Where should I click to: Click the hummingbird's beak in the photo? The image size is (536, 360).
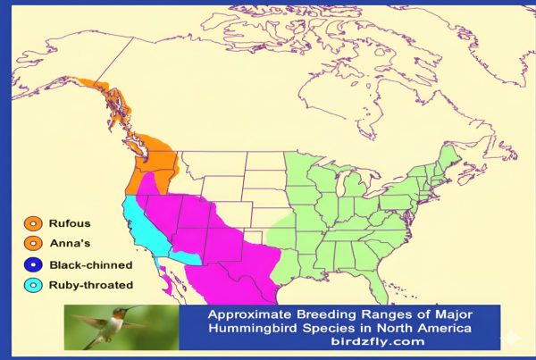click(x=133, y=309)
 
